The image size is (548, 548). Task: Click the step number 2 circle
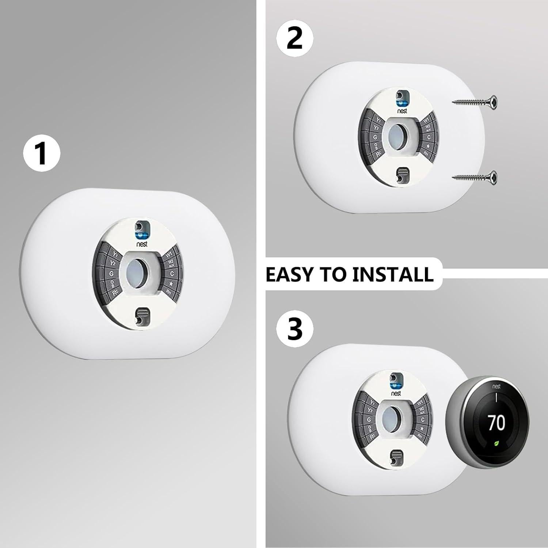tap(294, 39)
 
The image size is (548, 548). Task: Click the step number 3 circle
tap(294, 328)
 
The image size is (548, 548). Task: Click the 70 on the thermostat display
tap(496, 422)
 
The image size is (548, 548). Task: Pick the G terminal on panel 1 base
tap(110, 273)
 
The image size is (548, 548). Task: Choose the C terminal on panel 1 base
tap(172, 273)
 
